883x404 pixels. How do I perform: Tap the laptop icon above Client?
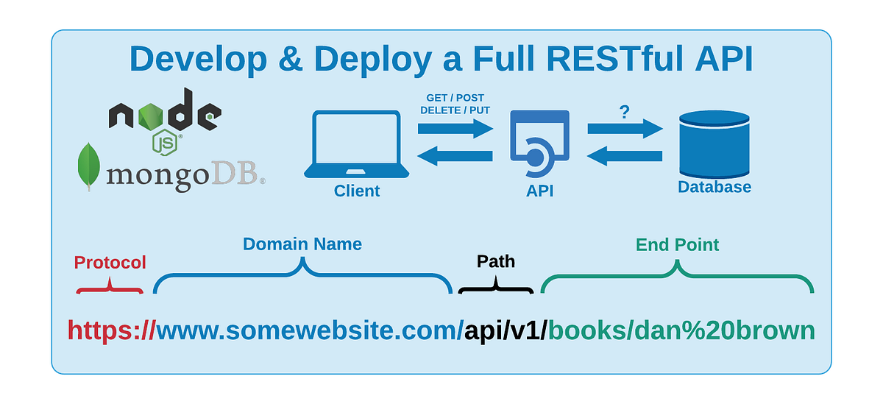357,143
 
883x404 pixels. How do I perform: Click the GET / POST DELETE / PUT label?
455,104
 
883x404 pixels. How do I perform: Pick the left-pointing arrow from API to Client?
455,155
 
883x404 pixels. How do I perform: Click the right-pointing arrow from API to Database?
625,130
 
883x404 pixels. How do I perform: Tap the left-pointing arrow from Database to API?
625,155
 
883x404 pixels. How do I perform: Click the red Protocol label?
110,263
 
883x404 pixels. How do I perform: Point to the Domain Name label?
302,244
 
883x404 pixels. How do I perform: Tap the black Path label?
496,261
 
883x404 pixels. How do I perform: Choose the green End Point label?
677,244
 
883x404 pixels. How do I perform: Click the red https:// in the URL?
111,330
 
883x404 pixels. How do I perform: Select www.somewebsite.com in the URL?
309,330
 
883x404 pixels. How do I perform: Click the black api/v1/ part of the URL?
506,330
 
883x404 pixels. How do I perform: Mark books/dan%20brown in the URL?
681,330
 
